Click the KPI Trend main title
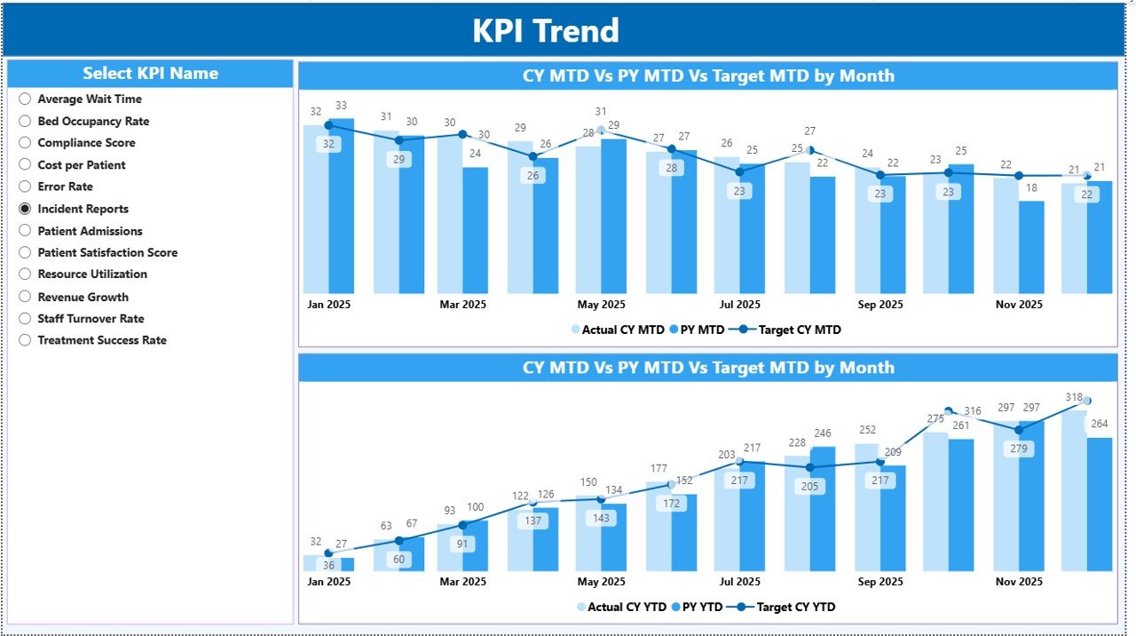pos(545,31)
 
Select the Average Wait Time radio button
pos(25,99)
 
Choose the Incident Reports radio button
pos(25,209)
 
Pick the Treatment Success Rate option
pos(25,340)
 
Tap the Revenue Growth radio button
pos(25,297)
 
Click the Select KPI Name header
pos(150,74)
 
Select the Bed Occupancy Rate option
pos(25,121)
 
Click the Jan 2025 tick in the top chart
pos(328,305)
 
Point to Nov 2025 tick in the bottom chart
pos(1019,582)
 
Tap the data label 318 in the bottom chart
pos(1073,397)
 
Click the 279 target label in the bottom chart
pos(1019,449)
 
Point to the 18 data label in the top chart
pos(1030,188)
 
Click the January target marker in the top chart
pos(328,125)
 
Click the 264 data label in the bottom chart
pos(1099,425)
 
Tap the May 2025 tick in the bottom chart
pos(601,582)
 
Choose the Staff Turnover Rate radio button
pos(25,319)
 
